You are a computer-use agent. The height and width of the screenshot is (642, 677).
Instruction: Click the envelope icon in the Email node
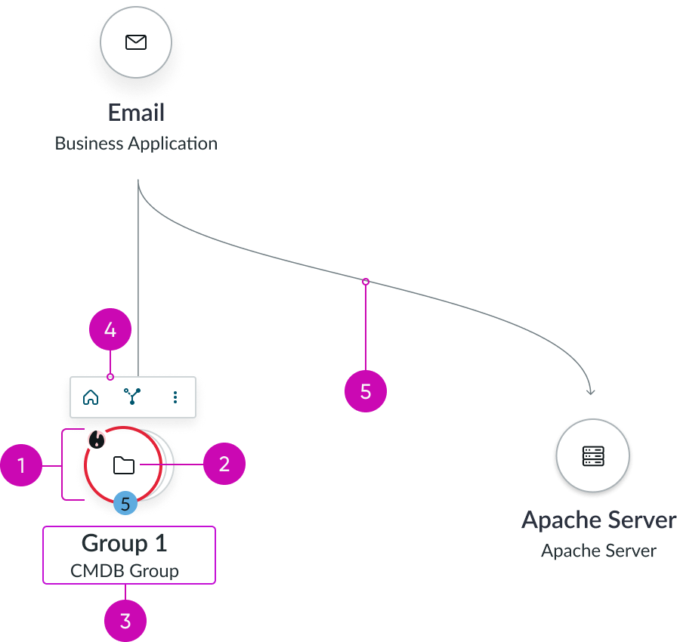pyautogui.click(x=136, y=42)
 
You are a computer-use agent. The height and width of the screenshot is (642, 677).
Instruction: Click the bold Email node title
pyautogui.click(x=136, y=114)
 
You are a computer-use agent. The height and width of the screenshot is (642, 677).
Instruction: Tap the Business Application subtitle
pyautogui.click(x=136, y=144)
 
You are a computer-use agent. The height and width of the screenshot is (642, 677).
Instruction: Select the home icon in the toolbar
pyautogui.click(x=91, y=397)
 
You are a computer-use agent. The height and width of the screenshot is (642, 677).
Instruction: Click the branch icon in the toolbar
pyautogui.click(x=133, y=397)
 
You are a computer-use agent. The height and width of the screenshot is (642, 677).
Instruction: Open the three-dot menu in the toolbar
pyautogui.click(x=175, y=397)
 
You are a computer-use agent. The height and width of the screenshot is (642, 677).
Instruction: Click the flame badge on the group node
pyautogui.click(x=96, y=439)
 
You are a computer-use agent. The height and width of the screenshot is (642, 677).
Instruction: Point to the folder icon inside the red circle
pyautogui.click(x=124, y=465)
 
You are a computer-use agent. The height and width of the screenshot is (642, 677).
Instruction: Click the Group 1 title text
pyautogui.click(x=125, y=543)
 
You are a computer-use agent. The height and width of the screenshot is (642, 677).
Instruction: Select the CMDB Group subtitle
pyautogui.click(x=125, y=571)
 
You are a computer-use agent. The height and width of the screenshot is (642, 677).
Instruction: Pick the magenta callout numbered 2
pyautogui.click(x=224, y=464)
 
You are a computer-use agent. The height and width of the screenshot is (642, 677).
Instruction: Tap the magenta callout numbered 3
pyautogui.click(x=125, y=622)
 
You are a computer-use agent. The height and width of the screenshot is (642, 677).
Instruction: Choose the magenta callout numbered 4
pyautogui.click(x=110, y=331)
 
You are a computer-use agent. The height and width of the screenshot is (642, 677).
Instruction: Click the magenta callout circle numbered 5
pyautogui.click(x=366, y=392)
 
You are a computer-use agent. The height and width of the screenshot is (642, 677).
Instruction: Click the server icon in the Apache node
pyautogui.click(x=593, y=456)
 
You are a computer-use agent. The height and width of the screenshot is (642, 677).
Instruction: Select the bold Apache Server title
pyautogui.click(x=598, y=520)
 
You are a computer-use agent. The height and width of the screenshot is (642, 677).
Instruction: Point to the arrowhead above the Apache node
pyautogui.click(x=591, y=391)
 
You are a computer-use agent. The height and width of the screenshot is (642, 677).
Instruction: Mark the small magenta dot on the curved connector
pyautogui.click(x=366, y=282)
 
